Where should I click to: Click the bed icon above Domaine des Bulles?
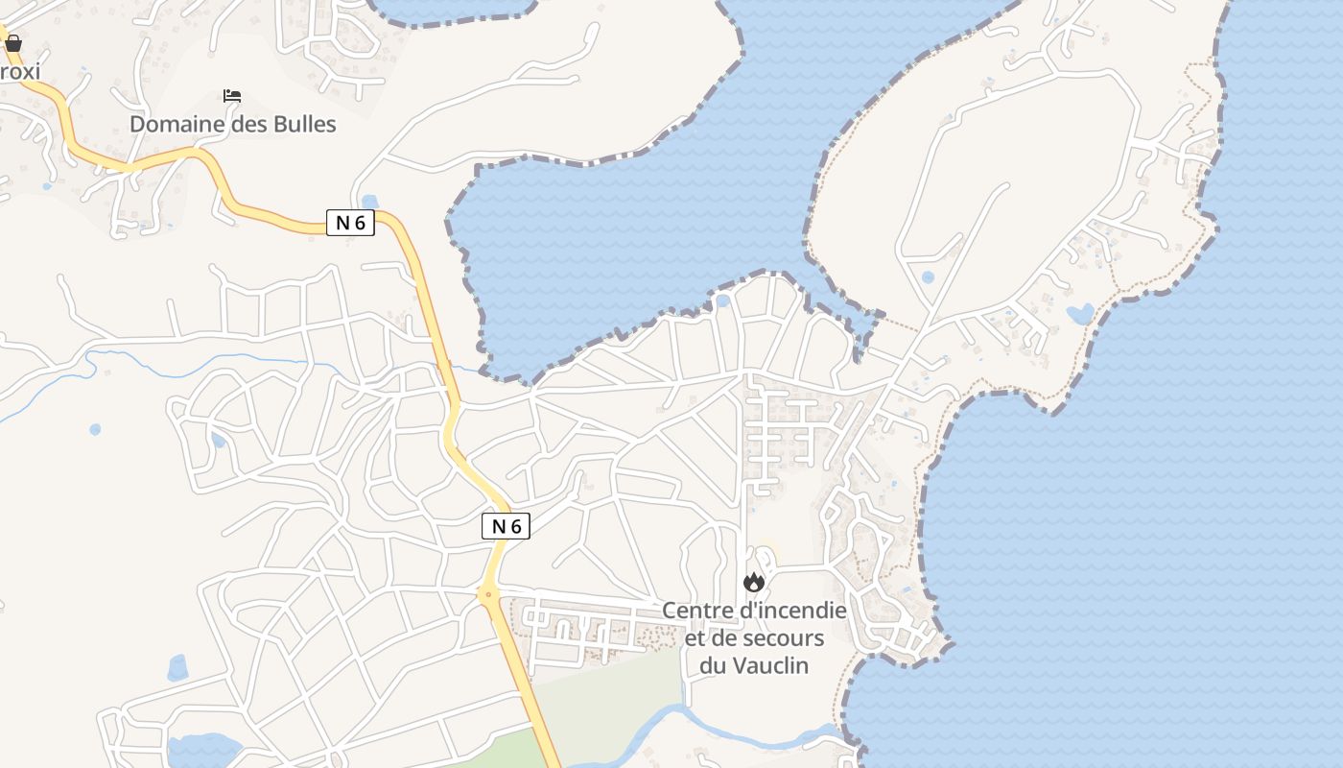tap(232, 96)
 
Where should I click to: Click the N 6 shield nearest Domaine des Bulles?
tap(349, 223)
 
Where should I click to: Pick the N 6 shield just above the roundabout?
tap(506, 526)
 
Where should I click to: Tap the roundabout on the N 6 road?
tap(489, 595)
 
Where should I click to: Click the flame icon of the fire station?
tap(754, 582)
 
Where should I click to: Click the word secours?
tap(789, 638)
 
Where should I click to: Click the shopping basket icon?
tap(13, 43)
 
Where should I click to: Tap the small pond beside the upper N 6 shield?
tap(370, 203)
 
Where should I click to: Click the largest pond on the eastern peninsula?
tap(1080, 314)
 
